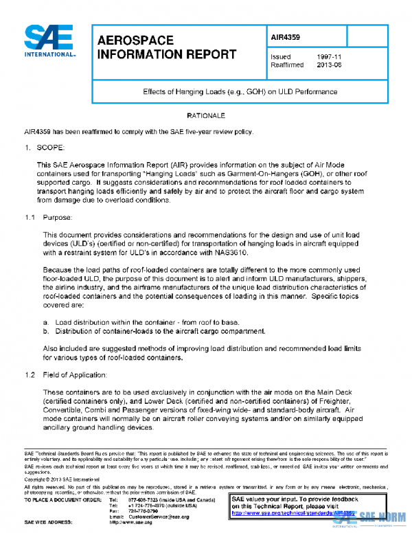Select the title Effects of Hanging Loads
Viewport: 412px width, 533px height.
[x=240, y=91]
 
